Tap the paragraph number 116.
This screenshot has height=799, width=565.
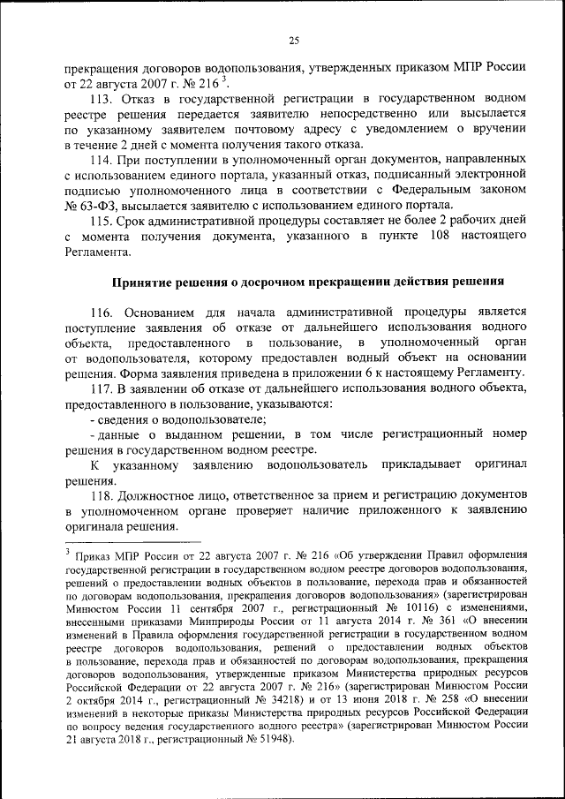103,312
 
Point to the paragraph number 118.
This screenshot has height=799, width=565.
103,496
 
